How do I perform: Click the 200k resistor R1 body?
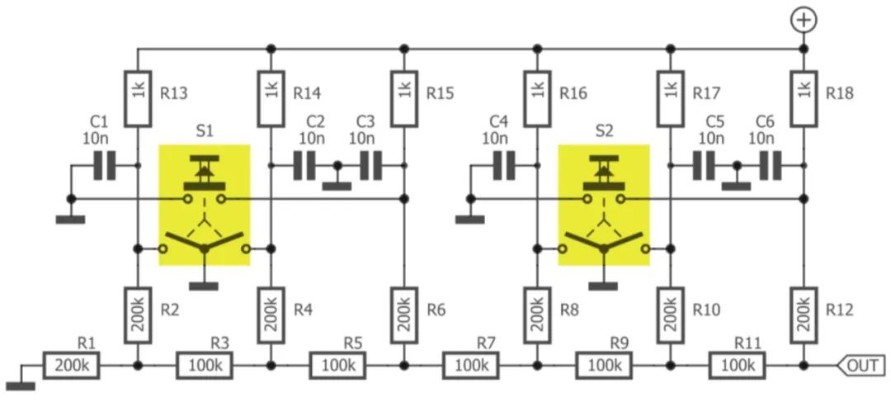tap(72, 365)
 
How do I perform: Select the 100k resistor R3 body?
tap(205, 365)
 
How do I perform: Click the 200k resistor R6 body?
tap(403, 315)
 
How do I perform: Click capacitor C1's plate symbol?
tap(104, 165)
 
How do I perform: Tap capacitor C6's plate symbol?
tap(769, 165)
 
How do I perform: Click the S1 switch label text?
tap(205, 130)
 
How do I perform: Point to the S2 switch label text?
tap(604, 130)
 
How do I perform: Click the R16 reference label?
tap(573, 93)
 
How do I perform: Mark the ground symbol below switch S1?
tap(204, 285)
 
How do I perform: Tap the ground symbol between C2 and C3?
tap(336, 185)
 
